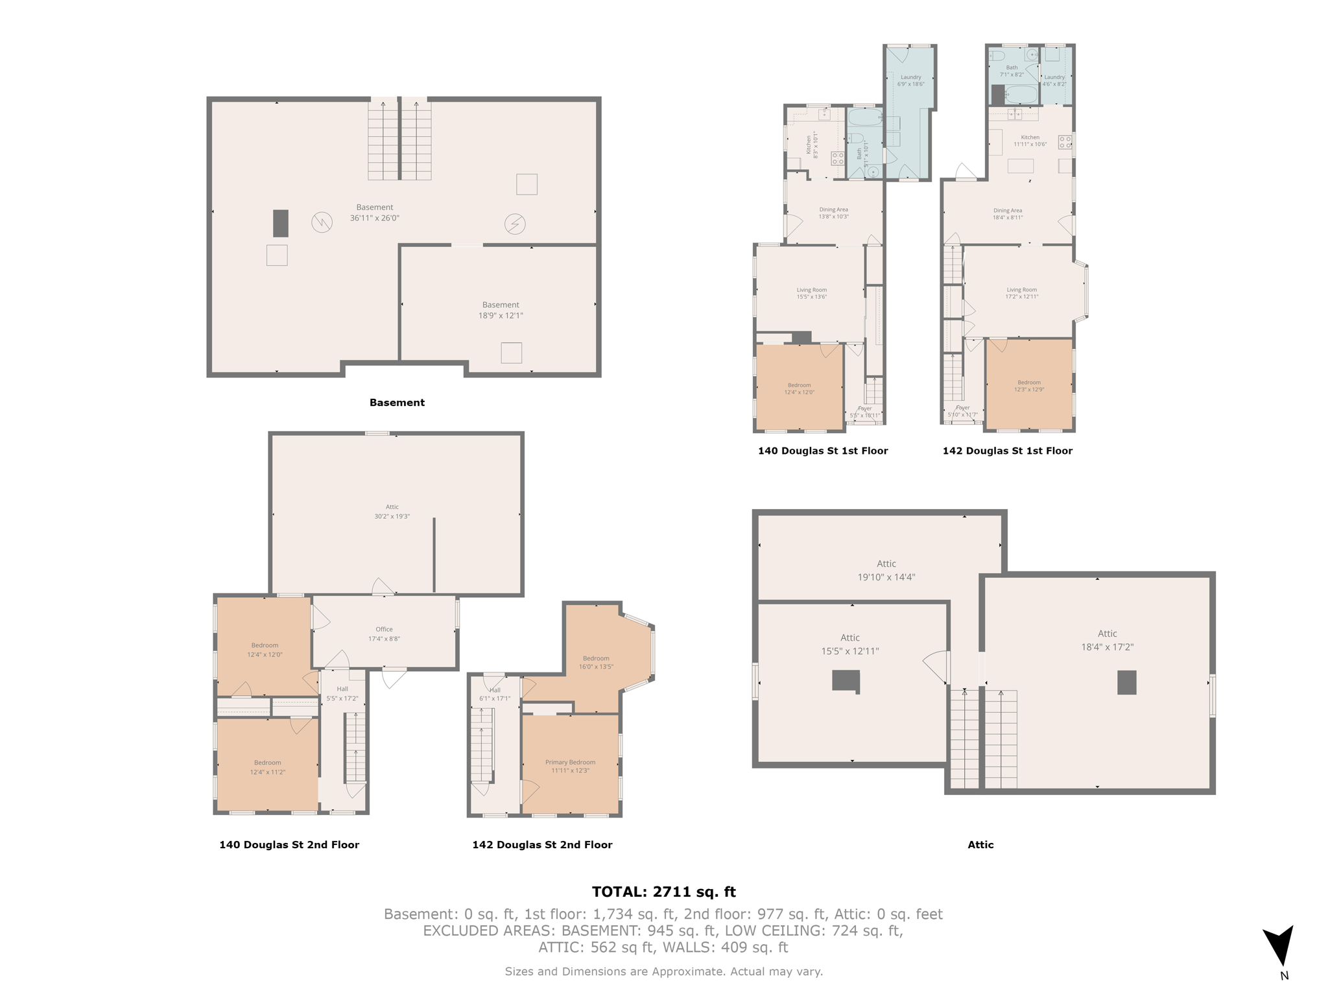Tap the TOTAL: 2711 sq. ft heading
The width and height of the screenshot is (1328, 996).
[x=663, y=892]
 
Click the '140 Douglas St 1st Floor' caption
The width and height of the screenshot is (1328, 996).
[x=823, y=451]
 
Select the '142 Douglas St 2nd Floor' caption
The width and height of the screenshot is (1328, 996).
[x=542, y=844]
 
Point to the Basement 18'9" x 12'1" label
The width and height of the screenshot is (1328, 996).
[x=501, y=310]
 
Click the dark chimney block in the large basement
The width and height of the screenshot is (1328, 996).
[x=280, y=223]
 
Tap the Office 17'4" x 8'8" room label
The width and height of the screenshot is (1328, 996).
[x=384, y=634]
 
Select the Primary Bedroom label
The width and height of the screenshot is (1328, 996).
[x=570, y=766]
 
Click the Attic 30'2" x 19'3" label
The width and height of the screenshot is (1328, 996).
[x=392, y=512]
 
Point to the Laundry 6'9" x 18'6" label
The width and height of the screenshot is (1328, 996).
[x=910, y=80]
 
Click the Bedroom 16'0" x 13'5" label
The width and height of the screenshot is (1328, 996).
[x=596, y=662]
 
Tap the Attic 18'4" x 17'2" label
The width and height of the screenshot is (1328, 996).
[x=1107, y=640]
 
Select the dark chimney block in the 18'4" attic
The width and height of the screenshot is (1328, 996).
[x=1126, y=682]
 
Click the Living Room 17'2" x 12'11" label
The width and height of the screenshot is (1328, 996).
[x=1021, y=293]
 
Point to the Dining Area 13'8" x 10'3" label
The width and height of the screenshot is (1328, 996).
[x=833, y=213]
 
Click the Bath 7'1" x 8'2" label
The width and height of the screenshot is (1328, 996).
[x=1012, y=71]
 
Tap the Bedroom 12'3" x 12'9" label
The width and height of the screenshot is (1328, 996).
[x=1028, y=386]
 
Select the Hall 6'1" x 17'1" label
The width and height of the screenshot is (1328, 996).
[x=495, y=694]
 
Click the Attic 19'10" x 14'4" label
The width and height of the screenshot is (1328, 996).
[x=886, y=570]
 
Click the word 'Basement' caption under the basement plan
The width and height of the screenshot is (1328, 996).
[x=397, y=403]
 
